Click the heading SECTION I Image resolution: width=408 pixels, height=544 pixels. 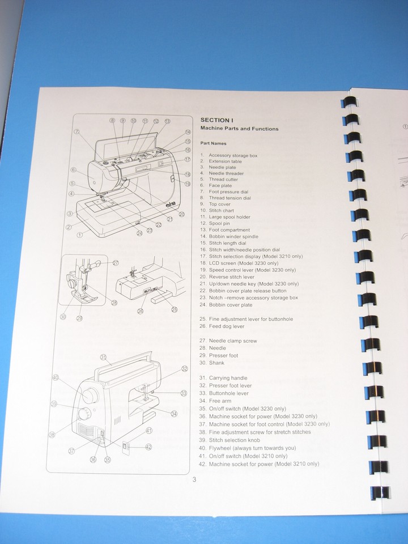(218, 120)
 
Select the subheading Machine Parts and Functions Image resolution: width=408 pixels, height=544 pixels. (239, 129)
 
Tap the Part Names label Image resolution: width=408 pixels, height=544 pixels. (214, 143)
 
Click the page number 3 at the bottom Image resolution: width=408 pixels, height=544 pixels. (194, 480)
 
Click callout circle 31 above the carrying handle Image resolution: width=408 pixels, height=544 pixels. (104, 357)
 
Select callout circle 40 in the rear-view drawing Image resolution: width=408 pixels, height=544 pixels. (56, 377)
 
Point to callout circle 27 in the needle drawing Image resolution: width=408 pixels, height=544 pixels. (115, 263)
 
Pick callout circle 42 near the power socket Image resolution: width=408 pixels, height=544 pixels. (148, 447)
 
